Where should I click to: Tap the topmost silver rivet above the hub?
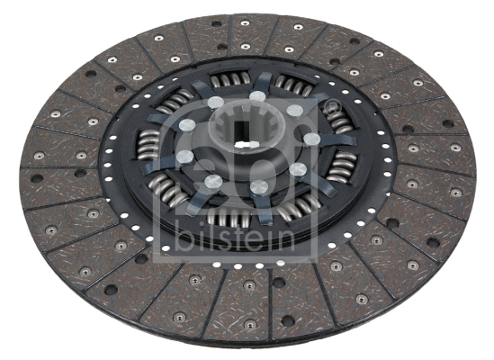point(257,95)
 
